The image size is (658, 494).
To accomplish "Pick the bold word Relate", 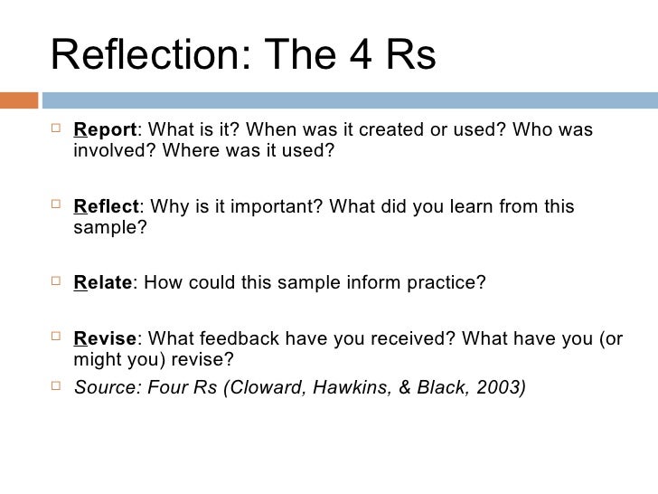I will (x=102, y=284).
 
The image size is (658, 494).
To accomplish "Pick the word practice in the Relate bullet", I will (x=441, y=284).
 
